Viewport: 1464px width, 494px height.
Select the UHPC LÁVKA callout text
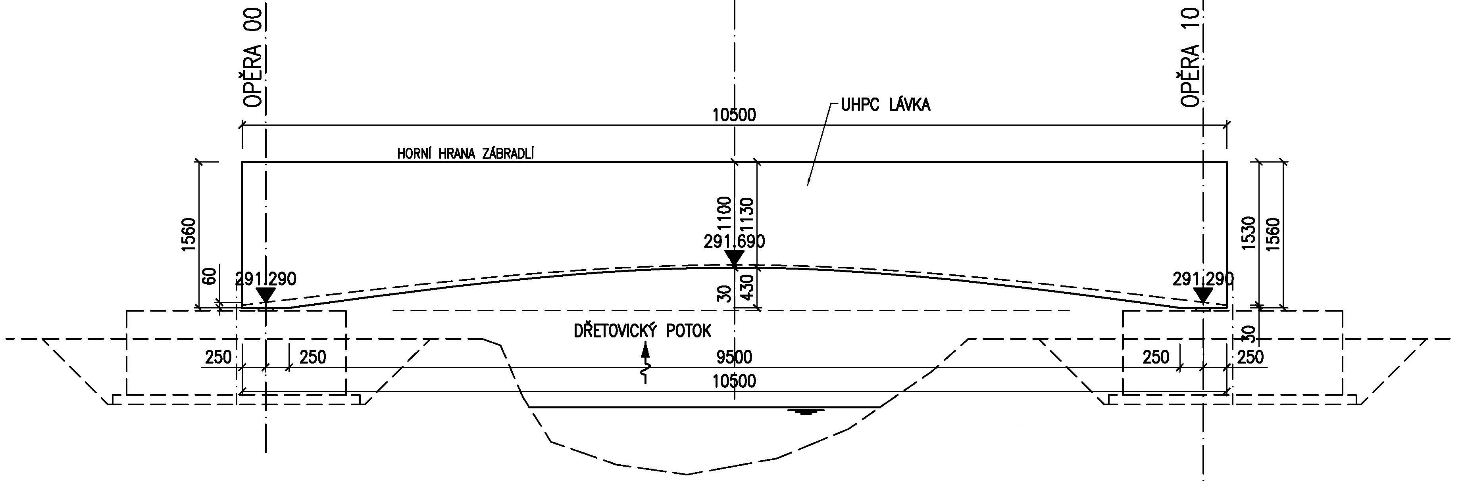[885, 105]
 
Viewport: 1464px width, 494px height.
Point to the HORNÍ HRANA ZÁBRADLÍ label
[466, 153]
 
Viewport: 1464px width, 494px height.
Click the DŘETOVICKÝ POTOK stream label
[642, 331]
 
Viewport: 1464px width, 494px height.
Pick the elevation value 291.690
[734, 241]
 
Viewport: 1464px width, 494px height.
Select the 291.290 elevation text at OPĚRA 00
[266, 279]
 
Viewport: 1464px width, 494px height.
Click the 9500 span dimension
[734, 357]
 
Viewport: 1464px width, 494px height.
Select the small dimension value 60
[210, 276]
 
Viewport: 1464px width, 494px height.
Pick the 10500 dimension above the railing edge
[734, 115]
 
